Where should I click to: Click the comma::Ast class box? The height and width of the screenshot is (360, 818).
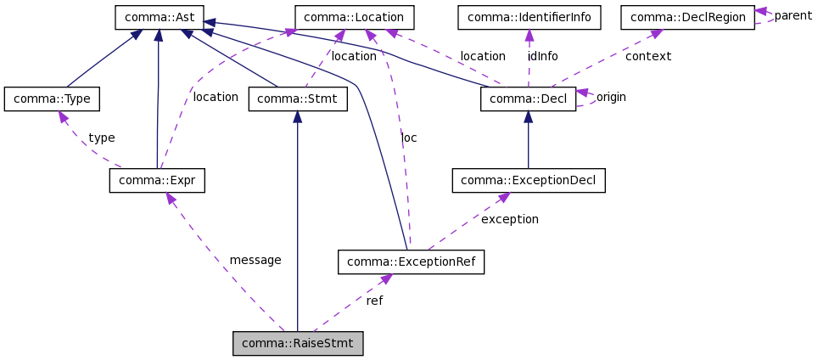159,17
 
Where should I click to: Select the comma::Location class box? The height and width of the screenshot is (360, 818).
354,17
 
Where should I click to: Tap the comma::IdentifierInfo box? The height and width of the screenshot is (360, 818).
529,17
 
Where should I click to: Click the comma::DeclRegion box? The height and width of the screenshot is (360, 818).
687,17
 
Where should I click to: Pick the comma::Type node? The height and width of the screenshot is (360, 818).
52,98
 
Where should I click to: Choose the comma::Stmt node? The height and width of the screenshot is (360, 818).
297,99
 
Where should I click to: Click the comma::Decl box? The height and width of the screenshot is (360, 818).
528,99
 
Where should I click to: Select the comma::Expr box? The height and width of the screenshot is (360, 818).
157,180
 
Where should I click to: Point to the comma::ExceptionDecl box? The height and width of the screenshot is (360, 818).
529,180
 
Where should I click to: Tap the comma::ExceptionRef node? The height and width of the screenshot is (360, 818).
411,262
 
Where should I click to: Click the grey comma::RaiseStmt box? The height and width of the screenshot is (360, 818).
298,343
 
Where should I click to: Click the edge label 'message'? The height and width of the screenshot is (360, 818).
255,260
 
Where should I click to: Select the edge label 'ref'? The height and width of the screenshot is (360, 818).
374,301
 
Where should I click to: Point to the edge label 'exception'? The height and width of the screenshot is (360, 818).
509,219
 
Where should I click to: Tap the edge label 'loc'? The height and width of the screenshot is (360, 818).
409,138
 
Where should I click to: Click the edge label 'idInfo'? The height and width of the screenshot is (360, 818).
542,56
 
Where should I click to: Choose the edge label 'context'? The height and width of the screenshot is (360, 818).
647,56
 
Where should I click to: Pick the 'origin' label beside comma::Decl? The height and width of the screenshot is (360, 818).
611,97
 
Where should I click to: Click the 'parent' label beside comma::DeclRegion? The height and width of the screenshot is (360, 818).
793,15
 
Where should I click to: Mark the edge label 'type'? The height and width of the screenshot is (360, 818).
101,138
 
